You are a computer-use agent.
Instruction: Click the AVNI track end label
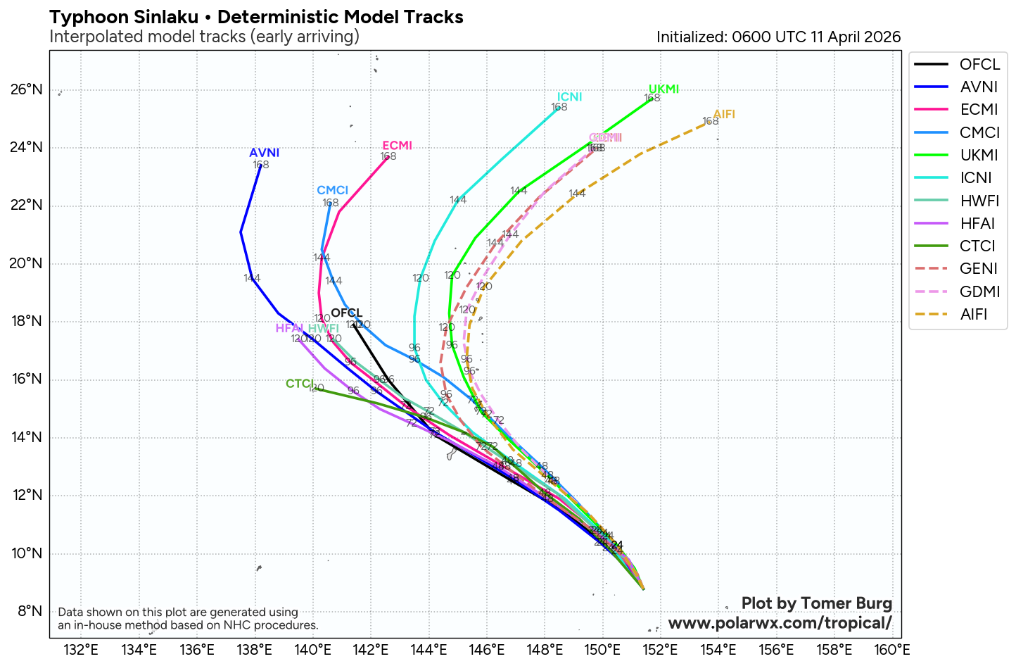[265, 153]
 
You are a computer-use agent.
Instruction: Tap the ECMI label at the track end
[397, 146]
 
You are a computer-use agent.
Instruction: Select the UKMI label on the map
[663, 89]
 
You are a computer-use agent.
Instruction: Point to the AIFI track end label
[724, 114]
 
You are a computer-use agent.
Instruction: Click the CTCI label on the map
[300, 384]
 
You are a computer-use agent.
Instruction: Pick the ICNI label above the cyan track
[569, 97]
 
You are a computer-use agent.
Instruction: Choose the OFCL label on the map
[346, 313]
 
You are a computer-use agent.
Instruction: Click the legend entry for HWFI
[979, 201]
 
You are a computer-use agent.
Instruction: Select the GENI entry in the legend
[979, 268]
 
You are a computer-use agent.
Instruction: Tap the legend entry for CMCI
[979, 132]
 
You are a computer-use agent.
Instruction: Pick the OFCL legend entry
[979, 64]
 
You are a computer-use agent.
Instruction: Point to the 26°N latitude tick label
[27, 89]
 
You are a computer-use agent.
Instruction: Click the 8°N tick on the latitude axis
[30, 611]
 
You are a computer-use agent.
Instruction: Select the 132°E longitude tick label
[81, 649]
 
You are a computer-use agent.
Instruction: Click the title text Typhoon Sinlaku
[124, 17]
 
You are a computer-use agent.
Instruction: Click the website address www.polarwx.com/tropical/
[780, 623]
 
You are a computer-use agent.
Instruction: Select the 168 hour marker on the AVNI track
[261, 165]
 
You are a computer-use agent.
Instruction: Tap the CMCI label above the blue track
[332, 191]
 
